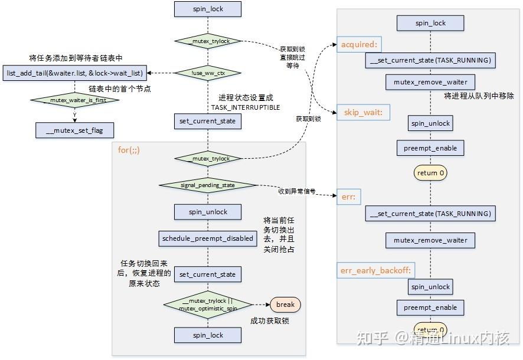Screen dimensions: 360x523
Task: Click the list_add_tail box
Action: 75,73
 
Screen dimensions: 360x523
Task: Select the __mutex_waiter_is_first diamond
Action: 75,100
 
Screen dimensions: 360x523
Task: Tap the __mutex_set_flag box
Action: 75,130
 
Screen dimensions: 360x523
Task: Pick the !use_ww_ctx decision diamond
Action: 208,73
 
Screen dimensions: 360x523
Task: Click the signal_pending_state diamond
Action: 208,185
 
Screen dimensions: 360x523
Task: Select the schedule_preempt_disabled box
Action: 208,238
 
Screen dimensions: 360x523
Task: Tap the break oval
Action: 285,305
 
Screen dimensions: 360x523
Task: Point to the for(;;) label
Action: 129,150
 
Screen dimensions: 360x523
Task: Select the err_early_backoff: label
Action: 375,271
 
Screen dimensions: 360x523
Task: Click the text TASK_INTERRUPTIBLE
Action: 246,107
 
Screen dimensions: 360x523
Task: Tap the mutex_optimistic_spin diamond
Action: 208,305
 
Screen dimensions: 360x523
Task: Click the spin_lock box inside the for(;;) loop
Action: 208,335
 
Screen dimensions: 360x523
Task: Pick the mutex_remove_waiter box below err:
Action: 430,240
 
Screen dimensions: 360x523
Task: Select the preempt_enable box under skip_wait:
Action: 430,148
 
